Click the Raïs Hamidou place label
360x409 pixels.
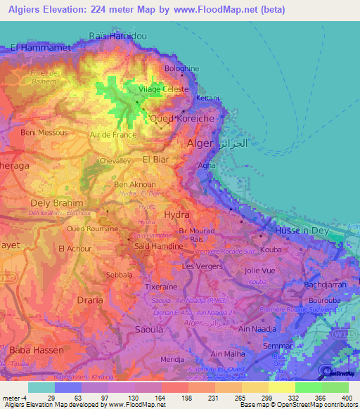[x=117, y=35]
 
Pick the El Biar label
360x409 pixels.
[x=157, y=160]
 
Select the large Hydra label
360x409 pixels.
[x=176, y=214]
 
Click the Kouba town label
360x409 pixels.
[x=271, y=249]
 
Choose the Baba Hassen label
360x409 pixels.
[x=37, y=349]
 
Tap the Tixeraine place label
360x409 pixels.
[x=162, y=287]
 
